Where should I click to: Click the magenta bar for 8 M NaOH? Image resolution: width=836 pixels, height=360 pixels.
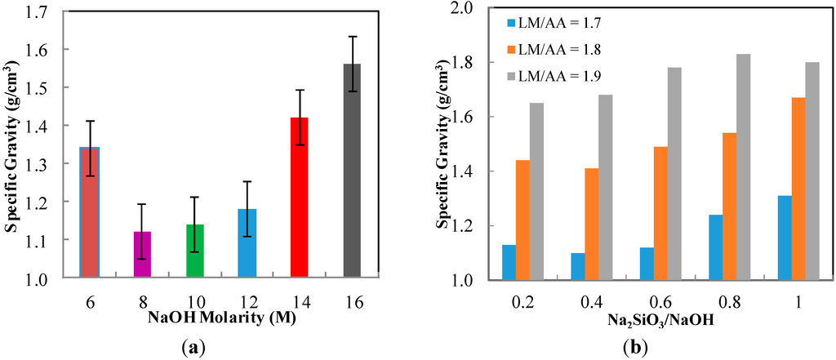(x=143, y=255)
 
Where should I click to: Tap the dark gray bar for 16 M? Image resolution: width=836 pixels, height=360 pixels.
(x=352, y=171)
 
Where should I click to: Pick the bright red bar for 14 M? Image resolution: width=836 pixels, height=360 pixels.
(x=300, y=198)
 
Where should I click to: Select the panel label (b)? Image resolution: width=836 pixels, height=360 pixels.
(x=637, y=347)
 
